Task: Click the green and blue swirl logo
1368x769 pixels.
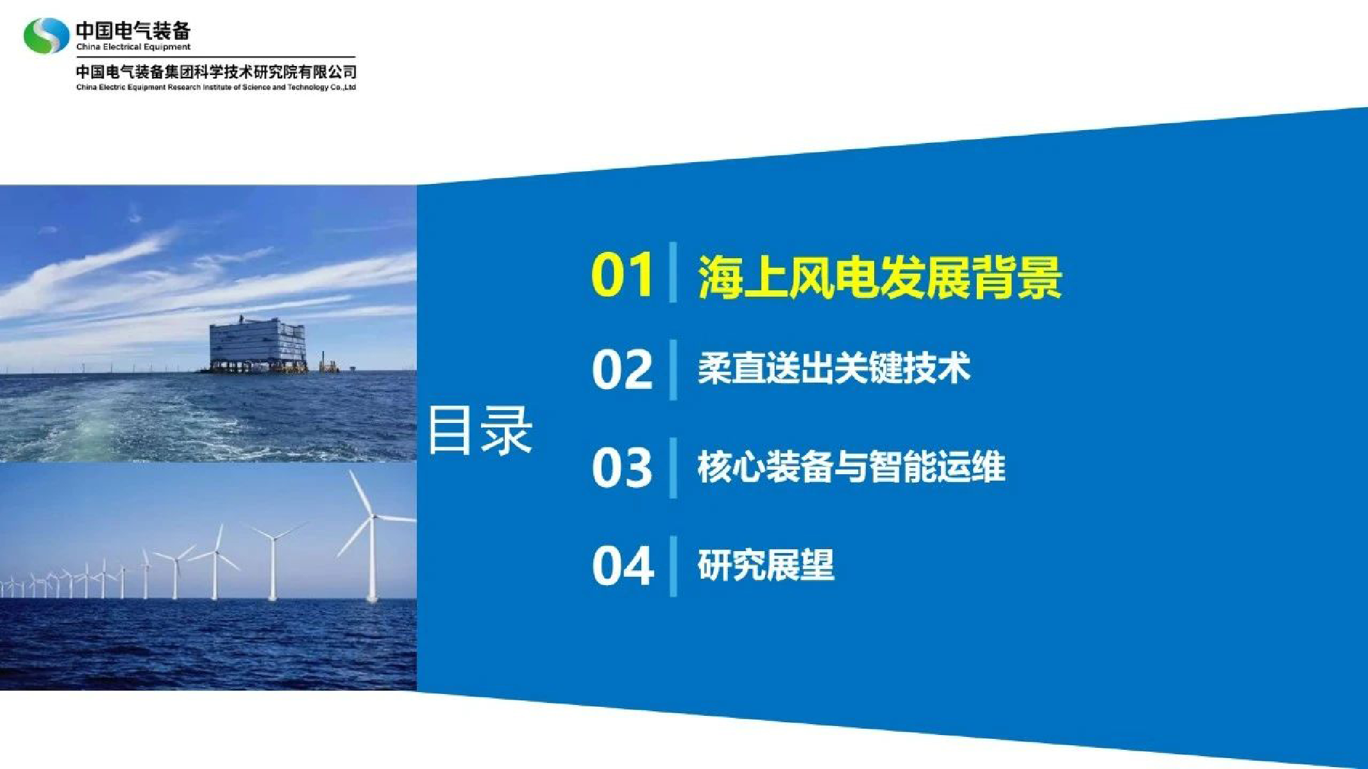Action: pyautogui.click(x=46, y=35)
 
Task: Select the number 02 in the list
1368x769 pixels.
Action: pyautogui.click(x=622, y=369)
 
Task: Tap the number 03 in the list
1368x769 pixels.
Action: pyautogui.click(x=622, y=467)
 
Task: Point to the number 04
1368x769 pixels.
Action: pyautogui.click(x=623, y=565)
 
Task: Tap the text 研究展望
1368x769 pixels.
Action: pyautogui.click(x=766, y=565)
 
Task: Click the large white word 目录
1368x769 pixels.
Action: pyautogui.click(x=480, y=430)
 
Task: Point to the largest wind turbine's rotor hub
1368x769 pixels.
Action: pyautogui.click(x=373, y=516)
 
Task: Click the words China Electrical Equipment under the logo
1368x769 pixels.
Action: pyautogui.click(x=133, y=47)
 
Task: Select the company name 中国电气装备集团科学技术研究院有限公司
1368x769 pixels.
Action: pyautogui.click(x=216, y=71)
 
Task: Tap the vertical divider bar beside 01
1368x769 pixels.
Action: pyautogui.click(x=673, y=272)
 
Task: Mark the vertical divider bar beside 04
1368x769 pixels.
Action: pyautogui.click(x=673, y=566)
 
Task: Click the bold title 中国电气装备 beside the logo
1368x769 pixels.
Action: pyautogui.click(x=133, y=30)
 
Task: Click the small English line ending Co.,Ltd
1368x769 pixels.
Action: pyautogui.click(x=216, y=87)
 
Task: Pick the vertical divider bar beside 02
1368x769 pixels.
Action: pyautogui.click(x=673, y=370)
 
